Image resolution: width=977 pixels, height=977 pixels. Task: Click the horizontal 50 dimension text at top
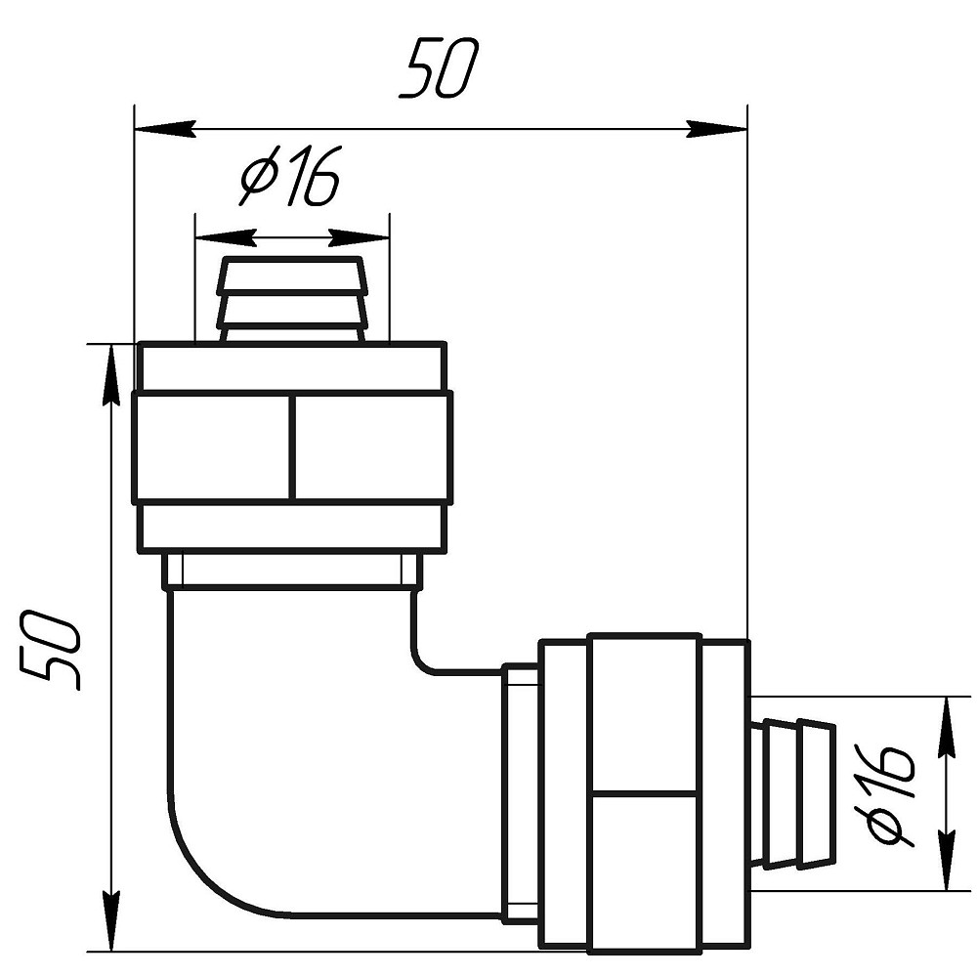(x=440, y=68)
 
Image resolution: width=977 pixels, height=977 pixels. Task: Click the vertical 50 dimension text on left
(x=50, y=650)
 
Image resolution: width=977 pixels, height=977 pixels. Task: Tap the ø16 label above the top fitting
(x=291, y=176)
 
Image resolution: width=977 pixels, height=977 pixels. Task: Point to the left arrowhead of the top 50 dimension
(x=165, y=129)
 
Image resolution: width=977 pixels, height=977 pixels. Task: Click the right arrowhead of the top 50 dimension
(x=716, y=129)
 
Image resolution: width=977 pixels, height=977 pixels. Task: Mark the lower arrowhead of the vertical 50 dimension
(x=111, y=921)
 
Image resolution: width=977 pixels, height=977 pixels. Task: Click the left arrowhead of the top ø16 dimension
(x=226, y=237)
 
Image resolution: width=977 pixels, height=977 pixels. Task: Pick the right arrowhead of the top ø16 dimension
(x=359, y=237)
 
